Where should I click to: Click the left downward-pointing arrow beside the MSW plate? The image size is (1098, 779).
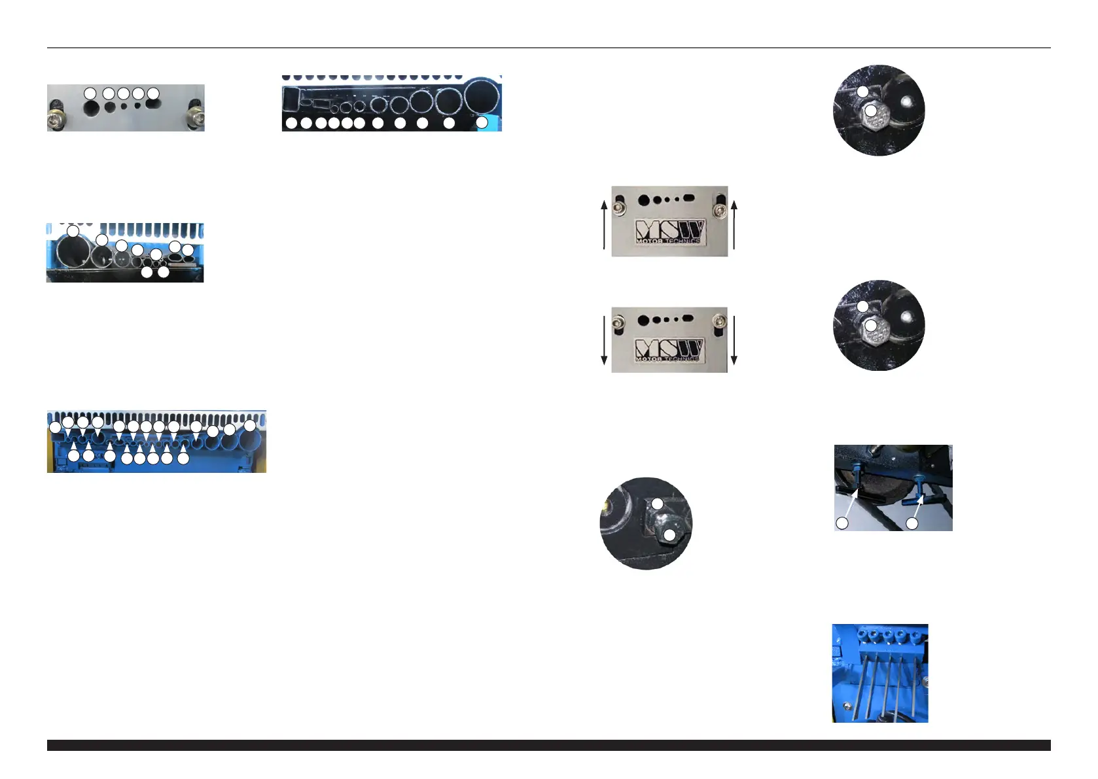(x=604, y=340)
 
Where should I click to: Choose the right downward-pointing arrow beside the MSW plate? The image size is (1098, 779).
(x=734, y=340)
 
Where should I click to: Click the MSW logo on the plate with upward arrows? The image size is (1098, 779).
(x=669, y=232)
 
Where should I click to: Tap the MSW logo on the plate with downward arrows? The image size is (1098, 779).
(x=669, y=350)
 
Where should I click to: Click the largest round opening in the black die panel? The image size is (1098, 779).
(x=482, y=98)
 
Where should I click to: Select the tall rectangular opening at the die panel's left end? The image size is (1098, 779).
(x=290, y=102)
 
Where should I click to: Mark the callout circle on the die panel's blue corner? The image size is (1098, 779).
(x=482, y=122)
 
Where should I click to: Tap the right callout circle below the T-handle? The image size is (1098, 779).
(x=912, y=523)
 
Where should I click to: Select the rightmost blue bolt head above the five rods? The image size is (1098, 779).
(x=913, y=635)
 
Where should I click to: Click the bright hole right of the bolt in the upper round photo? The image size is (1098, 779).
(x=907, y=101)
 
